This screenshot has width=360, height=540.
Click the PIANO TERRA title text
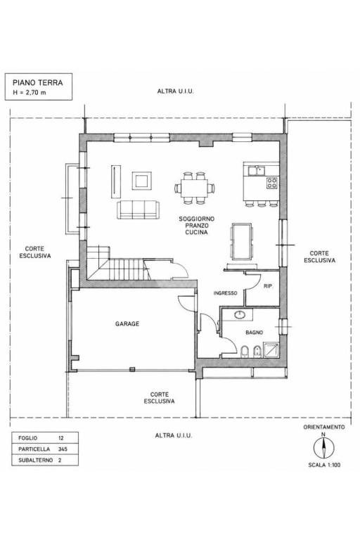point(37,83)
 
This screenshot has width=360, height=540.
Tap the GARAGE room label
point(127,323)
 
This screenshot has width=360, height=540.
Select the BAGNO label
point(255,333)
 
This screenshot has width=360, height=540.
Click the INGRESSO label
point(225,293)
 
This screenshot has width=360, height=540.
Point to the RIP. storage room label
point(269,286)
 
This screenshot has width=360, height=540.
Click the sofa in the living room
point(138,210)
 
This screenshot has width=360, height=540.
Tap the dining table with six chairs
point(195,188)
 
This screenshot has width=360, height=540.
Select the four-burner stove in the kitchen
point(272,183)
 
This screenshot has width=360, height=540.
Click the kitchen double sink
point(256,170)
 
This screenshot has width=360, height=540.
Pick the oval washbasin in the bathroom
point(239,314)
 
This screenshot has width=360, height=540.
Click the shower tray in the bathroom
point(271,349)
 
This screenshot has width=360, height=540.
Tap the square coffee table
point(141,181)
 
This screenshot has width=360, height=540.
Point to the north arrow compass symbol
point(323,449)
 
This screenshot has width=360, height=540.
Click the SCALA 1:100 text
point(324,465)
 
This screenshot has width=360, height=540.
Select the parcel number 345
point(63,449)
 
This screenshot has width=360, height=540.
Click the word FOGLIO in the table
point(27,438)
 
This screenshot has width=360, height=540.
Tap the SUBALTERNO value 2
point(60,460)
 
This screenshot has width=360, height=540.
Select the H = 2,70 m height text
point(30,92)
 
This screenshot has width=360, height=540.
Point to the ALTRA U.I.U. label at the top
point(175,91)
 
